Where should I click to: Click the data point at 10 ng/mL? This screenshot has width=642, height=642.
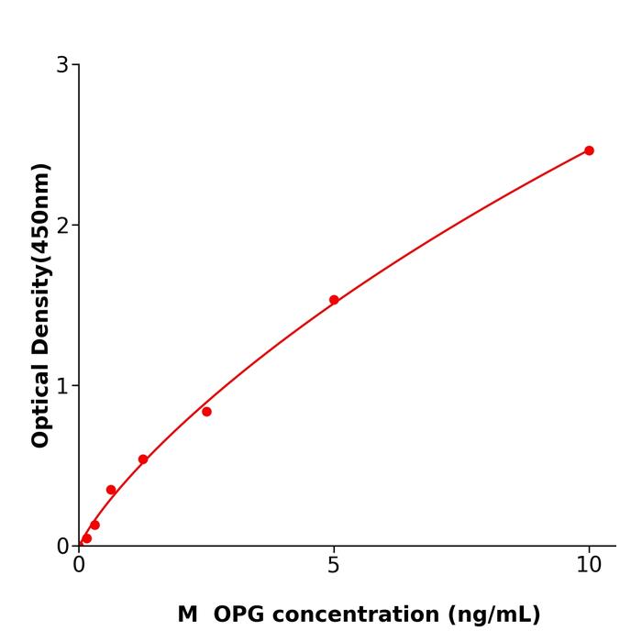(x=589, y=150)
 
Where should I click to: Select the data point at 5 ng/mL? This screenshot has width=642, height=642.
(x=334, y=300)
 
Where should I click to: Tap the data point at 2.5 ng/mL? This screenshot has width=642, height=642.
(x=206, y=412)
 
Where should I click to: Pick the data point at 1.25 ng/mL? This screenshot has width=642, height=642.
(x=143, y=459)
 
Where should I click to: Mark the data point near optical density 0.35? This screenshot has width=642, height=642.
(x=111, y=490)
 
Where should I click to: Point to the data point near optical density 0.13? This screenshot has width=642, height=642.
(x=94, y=525)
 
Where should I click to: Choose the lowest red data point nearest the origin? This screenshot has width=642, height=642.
(x=86, y=538)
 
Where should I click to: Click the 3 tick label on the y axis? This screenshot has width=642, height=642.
(x=62, y=65)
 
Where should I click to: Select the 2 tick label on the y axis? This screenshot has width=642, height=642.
(x=62, y=225)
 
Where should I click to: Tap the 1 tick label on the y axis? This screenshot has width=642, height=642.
(x=62, y=385)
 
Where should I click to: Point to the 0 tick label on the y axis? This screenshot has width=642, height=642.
(x=62, y=547)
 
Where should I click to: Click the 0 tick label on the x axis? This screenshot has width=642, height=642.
(x=79, y=565)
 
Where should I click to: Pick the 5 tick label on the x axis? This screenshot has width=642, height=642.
(x=334, y=565)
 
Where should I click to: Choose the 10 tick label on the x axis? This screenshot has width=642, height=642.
(x=589, y=565)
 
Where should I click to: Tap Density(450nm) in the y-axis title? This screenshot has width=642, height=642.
(x=40, y=259)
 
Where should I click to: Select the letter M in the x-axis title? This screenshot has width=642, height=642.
(x=187, y=614)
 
